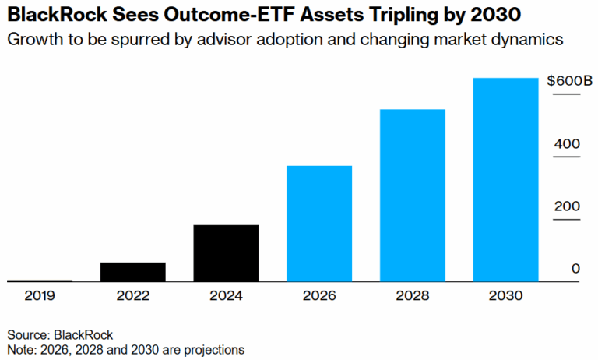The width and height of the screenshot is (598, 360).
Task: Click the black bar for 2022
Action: pos(132,271)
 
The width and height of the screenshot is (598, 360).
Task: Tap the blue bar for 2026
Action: pos(319,223)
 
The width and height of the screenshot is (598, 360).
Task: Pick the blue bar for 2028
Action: pos(412,195)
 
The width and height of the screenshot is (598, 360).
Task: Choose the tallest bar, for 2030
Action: pos(506,179)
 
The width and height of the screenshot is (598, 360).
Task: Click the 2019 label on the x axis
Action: pos(39,296)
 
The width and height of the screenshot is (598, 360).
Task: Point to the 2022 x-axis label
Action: pos(132,296)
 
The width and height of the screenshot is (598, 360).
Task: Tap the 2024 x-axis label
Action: pos(226,296)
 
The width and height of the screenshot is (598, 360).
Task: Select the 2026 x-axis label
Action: pos(319,296)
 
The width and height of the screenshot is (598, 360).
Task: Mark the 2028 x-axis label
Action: pos(412,296)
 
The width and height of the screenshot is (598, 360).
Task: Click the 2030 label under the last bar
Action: pos(506,296)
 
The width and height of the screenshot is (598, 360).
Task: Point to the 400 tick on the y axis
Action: pos(568,144)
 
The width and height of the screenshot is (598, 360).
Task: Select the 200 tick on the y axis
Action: pos(568,206)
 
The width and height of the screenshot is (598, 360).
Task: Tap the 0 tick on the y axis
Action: pos(575,269)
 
